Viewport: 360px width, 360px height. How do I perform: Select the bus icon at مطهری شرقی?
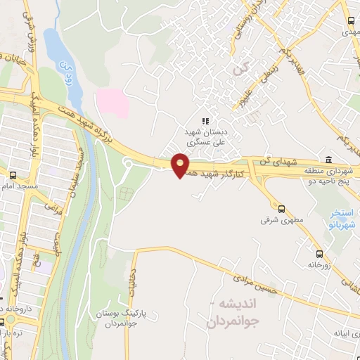(x=282, y=209)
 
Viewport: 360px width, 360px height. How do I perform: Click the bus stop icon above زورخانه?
(x=320, y=254)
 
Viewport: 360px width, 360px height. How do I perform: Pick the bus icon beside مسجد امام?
(x=13, y=175)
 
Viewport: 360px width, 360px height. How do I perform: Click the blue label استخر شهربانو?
(x=343, y=218)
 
